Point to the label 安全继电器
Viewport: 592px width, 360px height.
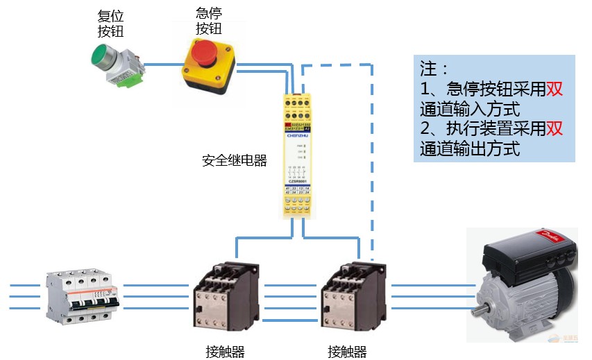234,161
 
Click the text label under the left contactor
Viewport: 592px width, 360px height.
225,351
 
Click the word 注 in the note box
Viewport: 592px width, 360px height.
429,69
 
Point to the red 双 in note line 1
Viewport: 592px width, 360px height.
553,89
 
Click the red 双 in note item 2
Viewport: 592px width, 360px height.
553,130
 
